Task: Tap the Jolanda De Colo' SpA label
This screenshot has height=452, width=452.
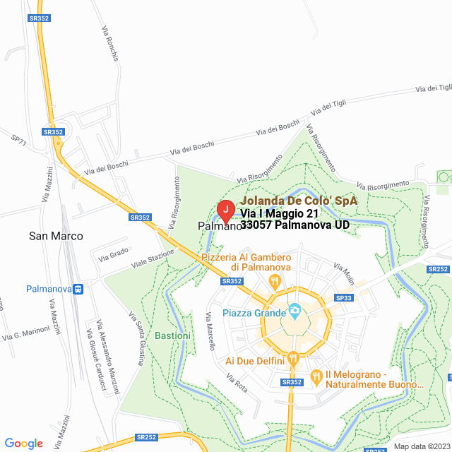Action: pos(299,201)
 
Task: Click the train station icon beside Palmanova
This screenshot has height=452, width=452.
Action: pos(78,289)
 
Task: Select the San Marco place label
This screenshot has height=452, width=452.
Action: pos(56,236)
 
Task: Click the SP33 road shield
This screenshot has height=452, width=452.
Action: pos(344,299)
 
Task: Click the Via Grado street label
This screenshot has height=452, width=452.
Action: pos(114,254)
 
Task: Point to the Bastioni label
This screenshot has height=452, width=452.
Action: pos(172,335)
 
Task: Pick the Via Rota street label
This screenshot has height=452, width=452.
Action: pos(238,383)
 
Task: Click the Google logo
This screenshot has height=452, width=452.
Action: pos(24,443)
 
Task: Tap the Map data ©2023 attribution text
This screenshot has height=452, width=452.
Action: pos(421,446)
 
